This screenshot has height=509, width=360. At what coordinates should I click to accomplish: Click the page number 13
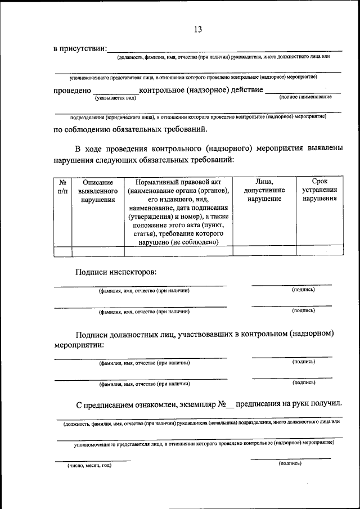coord(197,29)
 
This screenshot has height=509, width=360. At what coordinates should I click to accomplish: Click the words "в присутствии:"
coord(80,49)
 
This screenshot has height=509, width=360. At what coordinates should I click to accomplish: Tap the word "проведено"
coord(73,90)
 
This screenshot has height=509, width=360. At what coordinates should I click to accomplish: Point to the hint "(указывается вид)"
coord(116,98)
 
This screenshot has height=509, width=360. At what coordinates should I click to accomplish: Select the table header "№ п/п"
coord(62,187)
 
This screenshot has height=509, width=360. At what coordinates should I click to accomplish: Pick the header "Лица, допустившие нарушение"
coord(264,191)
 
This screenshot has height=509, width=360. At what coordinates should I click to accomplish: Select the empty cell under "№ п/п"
coord(62,251)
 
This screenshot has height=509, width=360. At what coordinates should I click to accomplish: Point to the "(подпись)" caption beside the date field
coord(290,463)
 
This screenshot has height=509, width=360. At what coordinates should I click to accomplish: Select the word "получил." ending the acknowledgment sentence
coord(326,404)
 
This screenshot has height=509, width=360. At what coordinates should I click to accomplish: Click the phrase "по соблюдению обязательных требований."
coord(130,129)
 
